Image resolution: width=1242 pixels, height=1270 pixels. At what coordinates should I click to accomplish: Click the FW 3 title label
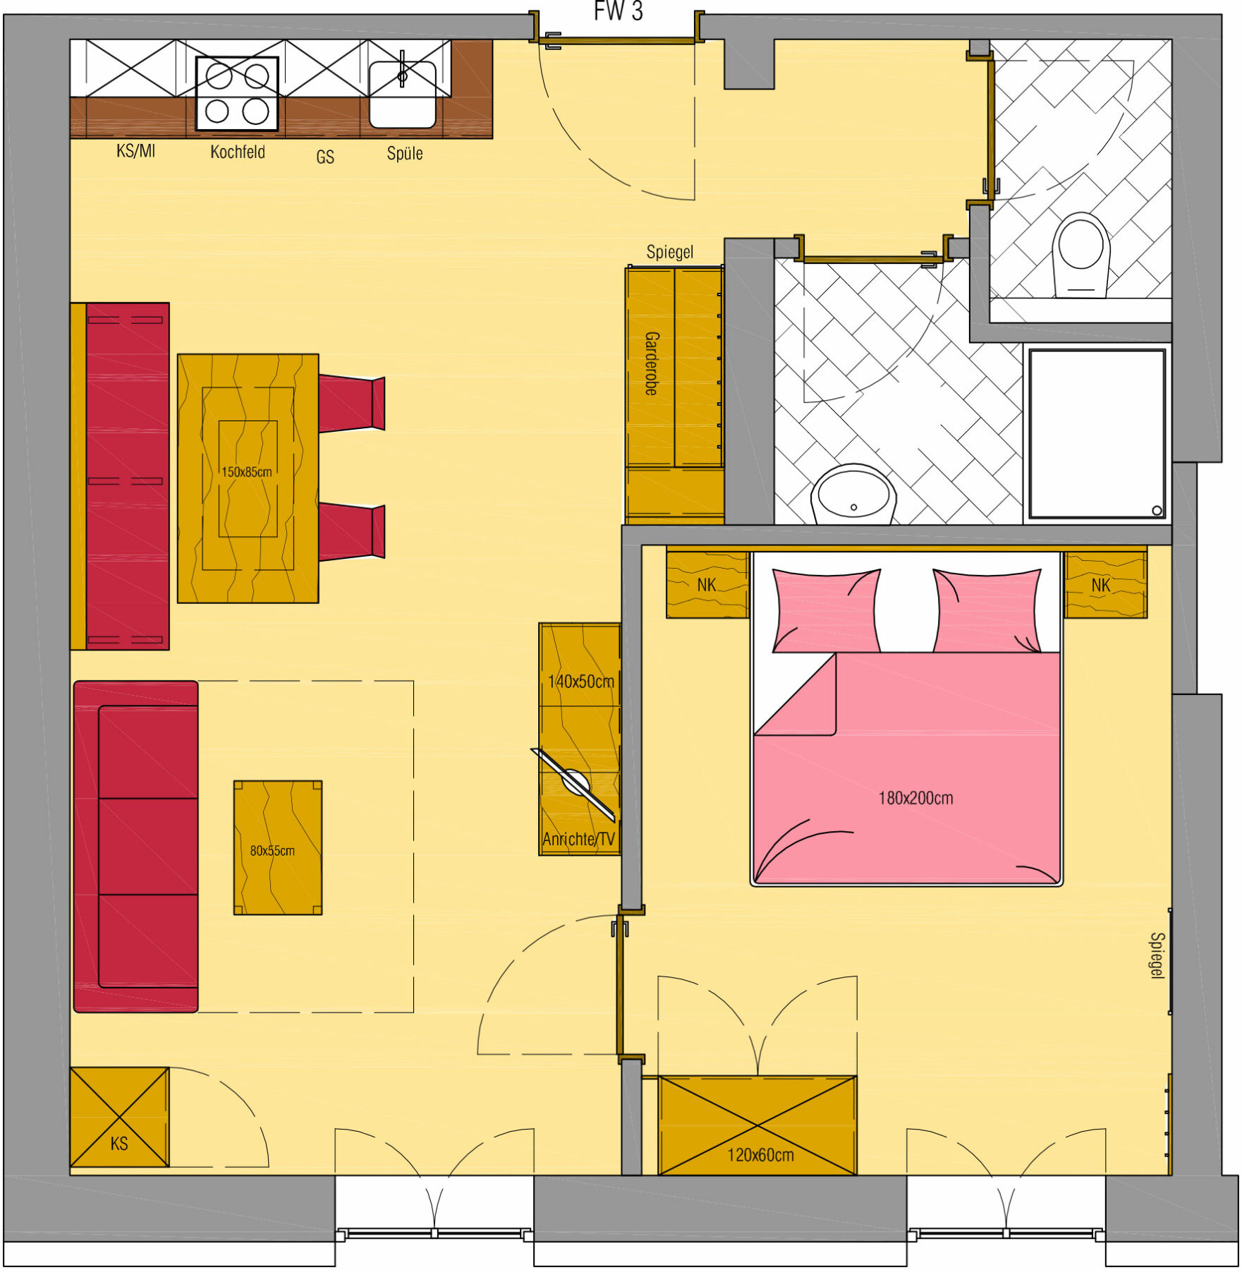click(x=618, y=11)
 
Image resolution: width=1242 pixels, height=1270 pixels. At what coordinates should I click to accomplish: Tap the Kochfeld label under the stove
click(x=238, y=152)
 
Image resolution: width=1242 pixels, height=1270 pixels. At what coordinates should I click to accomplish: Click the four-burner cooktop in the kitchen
click(x=237, y=94)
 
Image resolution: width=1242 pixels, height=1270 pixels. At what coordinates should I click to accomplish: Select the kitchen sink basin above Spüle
click(x=402, y=95)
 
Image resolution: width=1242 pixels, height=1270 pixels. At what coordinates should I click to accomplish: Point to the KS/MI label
click(x=135, y=150)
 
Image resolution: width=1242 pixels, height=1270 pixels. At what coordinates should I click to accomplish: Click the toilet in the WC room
click(x=1080, y=255)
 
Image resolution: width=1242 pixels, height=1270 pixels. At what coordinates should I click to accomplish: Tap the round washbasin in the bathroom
click(x=853, y=494)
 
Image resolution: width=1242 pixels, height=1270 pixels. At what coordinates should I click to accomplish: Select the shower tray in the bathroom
click(x=1097, y=435)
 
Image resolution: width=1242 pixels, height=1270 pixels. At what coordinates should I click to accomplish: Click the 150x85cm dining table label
click(x=247, y=472)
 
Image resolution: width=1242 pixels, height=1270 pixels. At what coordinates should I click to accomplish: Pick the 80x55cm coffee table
click(x=278, y=848)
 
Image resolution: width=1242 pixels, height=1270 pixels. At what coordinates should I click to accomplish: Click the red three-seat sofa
click(x=135, y=847)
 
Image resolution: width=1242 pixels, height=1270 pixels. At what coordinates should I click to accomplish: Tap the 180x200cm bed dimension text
click(x=915, y=798)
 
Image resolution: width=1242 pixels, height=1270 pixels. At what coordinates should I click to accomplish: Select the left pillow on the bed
click(x=826, y=610)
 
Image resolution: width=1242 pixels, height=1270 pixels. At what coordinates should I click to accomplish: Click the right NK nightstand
click(x=1105, y=585)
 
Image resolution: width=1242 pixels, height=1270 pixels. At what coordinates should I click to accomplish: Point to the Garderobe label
click(x=652, y=363)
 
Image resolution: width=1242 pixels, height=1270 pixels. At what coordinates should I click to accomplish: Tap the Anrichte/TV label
click(x=578, y=840)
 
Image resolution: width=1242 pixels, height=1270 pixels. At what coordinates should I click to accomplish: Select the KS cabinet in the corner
click(x=119, y=1117)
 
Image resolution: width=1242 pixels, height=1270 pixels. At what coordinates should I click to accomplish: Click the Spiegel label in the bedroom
click(x=1157, y=956)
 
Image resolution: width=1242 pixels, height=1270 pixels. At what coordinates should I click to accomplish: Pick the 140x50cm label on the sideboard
click(x=580, y=682)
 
